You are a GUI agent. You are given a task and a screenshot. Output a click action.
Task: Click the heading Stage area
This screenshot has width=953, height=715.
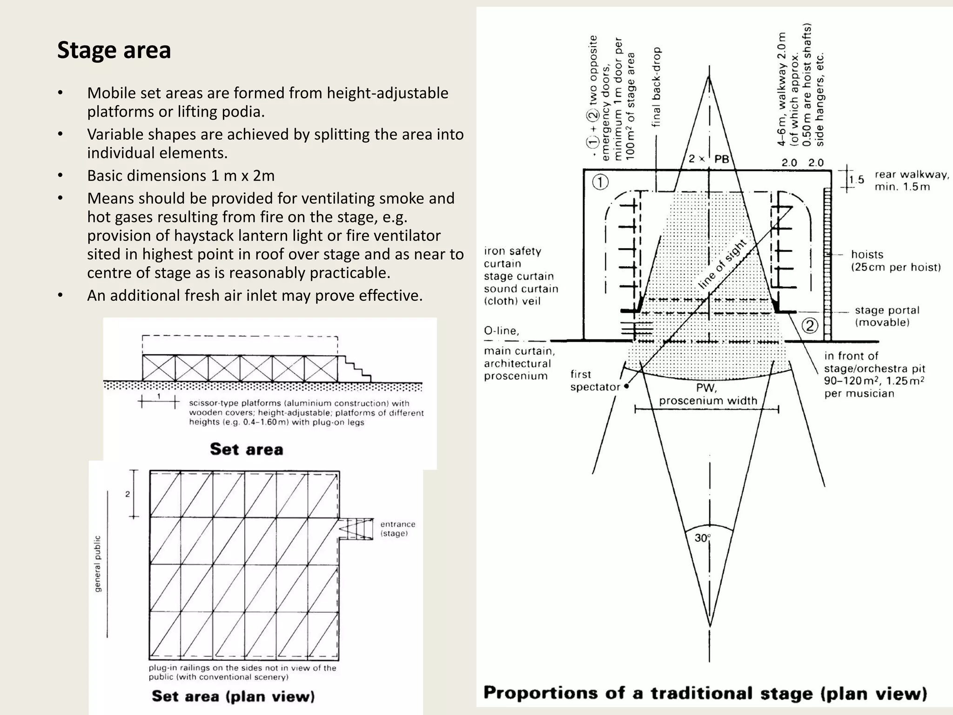(114, 50)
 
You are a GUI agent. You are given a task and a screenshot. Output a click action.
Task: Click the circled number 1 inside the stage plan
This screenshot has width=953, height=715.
(600, 182)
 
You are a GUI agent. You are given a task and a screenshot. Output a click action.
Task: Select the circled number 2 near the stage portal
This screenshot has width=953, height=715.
(810, 325)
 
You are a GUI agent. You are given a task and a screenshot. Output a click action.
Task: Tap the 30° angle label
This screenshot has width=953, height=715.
(703, 538)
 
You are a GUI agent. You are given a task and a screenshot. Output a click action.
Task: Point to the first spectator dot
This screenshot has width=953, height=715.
(627, 386)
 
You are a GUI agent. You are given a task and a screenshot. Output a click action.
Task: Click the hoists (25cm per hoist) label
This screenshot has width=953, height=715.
(895, 261)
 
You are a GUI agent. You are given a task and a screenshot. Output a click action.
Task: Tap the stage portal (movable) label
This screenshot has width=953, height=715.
(886, 316)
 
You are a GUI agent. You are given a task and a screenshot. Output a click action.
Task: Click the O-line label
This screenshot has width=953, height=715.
(501, 331)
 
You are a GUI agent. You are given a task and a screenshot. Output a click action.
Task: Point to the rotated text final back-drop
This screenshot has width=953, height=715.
(656, 87)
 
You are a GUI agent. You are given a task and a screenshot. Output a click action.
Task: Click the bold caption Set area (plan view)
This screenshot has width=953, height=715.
(233, 696)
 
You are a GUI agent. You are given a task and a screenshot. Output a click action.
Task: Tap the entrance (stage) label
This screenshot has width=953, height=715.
(397, 529)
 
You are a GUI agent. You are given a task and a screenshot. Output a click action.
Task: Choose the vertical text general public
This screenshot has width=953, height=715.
(98, 564)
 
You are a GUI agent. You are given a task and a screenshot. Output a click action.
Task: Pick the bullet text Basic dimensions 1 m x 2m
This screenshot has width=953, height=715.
(181, 176)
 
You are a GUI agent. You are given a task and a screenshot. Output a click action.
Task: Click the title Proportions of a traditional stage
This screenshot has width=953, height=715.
(705, 694)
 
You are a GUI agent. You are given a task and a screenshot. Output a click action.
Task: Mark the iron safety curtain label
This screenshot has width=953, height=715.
(512, 257)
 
